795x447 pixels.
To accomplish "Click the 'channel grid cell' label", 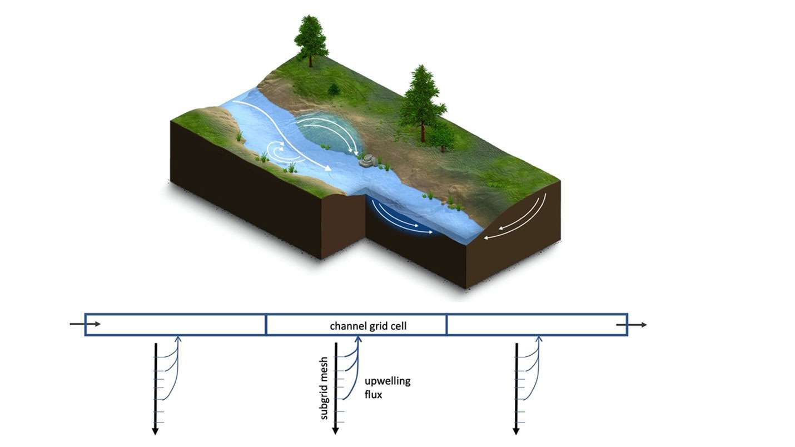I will click(x=368, y=326).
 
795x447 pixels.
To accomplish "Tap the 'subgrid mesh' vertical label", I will click(x=324, y=388).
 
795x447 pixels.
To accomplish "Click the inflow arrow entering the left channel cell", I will click(x=86, y=324).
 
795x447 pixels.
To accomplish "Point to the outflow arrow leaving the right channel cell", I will click(x=637, y=324).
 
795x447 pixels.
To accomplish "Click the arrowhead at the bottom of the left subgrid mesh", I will click(x=155, y=430).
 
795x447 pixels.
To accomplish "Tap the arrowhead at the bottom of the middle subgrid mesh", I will click(x=335, y=430).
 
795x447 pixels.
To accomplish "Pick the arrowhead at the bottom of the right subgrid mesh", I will click(x=516, y=430).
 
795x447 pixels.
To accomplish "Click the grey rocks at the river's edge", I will click(x=368, y=161).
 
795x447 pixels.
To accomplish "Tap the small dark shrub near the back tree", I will click(x=334, y=89).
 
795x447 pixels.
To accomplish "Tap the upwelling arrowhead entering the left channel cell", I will click(x=178, y=338).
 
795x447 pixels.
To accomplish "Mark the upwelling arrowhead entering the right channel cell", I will click(x=539, y=338).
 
